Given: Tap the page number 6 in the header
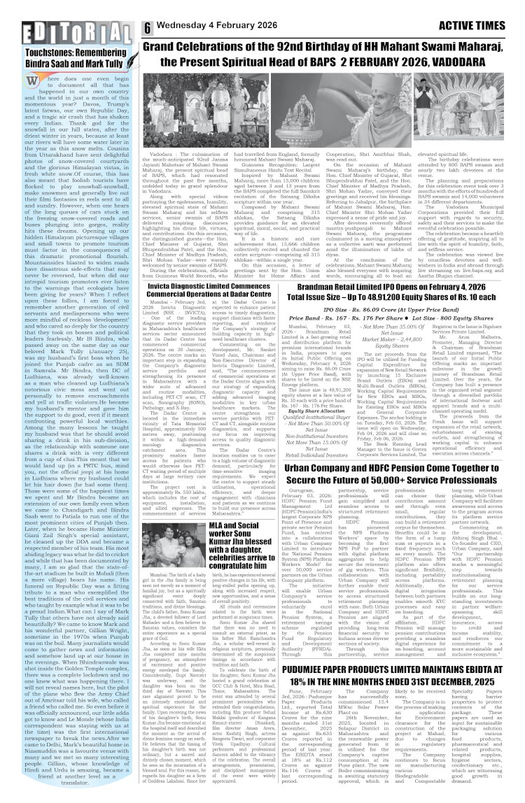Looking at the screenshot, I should (x=148, y=28).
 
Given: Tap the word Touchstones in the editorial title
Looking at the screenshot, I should (x=48, y=52).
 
